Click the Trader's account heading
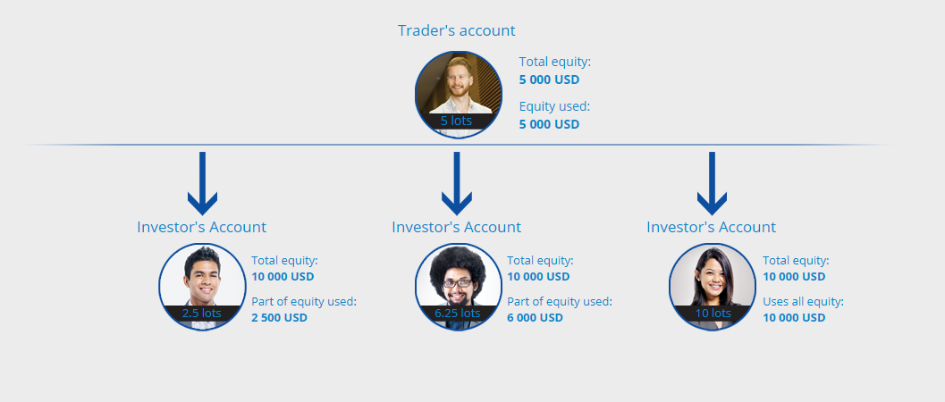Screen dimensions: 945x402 456,30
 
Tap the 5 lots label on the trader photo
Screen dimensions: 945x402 456,121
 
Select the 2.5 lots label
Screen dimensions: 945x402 202,313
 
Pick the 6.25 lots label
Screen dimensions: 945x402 458,313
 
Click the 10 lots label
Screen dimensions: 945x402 713,313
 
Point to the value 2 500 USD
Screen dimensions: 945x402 279,317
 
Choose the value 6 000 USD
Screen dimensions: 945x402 536,317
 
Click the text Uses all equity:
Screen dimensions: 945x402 804,302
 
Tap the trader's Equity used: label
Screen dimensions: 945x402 554,106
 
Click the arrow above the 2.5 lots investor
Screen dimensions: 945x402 202,183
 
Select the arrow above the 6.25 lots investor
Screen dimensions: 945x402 457,183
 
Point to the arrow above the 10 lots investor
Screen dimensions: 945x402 712,183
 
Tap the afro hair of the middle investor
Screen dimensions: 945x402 458,264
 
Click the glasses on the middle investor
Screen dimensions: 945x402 458,283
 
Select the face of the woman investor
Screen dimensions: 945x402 713,280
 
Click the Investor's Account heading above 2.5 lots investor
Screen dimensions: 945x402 201,227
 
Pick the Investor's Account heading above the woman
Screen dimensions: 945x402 711,227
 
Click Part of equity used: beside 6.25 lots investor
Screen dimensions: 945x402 560,302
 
